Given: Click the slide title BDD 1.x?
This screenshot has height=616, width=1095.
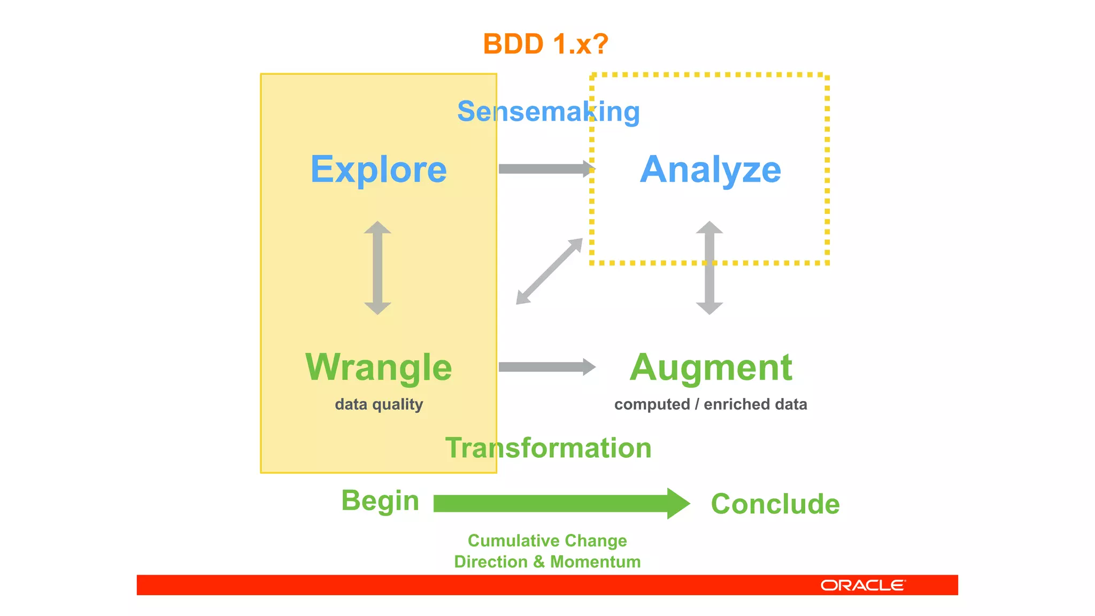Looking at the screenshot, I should click(x=545, y=44).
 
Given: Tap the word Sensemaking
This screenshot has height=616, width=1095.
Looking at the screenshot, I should click(x=548, y=112).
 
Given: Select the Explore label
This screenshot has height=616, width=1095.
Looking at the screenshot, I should click(x=379, y=170).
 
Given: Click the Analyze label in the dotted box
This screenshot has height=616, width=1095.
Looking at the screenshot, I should click(x=710, y=170).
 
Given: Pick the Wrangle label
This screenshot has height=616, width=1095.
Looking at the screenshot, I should click(x=379, y=367).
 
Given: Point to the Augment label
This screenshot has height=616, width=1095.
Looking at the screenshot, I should click(x=711, y=367).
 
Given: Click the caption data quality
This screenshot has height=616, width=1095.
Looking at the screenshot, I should click(x=379, y=404).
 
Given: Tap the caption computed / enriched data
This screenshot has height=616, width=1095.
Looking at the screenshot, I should click(x=711, y=404).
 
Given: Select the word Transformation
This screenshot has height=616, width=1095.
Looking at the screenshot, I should click(x=548, y=448).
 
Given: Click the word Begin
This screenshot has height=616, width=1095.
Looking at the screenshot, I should click(x=380, y=501).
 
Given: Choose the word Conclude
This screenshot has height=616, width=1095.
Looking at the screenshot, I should click(x=775, y=504).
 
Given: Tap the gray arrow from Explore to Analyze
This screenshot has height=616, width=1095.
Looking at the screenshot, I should click(x=545, y=169).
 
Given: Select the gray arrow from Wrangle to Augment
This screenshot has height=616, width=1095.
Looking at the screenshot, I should click(x=545, y=367).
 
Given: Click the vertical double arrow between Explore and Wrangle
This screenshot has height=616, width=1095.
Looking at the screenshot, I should click(x=377, y=267).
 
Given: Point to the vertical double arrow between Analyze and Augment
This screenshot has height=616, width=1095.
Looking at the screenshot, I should click(x=710, y=267).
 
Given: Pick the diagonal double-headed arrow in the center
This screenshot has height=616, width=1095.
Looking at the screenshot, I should click(x=549, y=271).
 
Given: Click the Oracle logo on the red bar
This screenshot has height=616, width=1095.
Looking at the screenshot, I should click(x=862, y=586).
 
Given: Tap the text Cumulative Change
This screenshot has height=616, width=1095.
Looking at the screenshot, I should click(x=547, y=541).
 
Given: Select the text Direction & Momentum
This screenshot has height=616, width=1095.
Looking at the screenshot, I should click(x=547, y=562).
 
